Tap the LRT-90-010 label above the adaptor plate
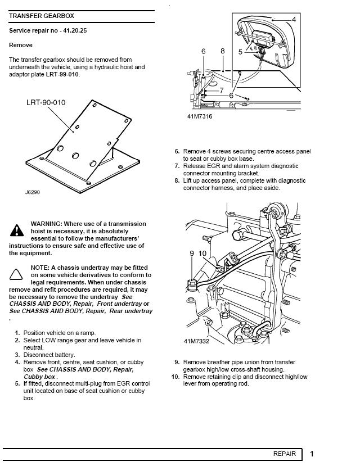pos(46,103)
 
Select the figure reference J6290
pos(33,192)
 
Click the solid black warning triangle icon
pos(17,230)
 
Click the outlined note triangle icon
pos(17,274)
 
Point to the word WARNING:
pos(48,224)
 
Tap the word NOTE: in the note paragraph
pos(40,268)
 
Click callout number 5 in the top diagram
pos(241,52)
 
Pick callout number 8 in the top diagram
pos(223,51)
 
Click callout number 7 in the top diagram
pos(222,90)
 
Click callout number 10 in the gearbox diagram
pos(202,254)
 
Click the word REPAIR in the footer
pos(285,454)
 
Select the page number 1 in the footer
pos(312,454)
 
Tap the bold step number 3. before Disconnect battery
pos(18,355)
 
